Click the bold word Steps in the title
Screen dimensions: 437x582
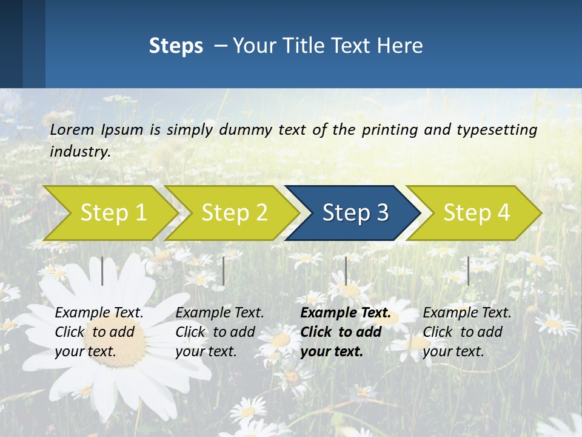pos(176,46)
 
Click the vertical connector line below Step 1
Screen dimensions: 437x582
pos(102,271)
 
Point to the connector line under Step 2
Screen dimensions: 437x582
pos(224,271)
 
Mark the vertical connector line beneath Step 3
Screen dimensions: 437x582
pos(346,271)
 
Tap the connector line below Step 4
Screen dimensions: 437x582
pos(468,271)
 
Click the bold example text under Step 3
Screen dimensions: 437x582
pos(345,332)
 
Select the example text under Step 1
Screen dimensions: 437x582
pos(99,332)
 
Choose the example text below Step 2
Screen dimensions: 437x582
pos(219,332)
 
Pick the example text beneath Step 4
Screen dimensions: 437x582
pos(467,332)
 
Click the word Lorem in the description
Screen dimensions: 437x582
pos(72,130)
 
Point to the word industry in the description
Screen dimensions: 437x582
pos(80,152)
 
